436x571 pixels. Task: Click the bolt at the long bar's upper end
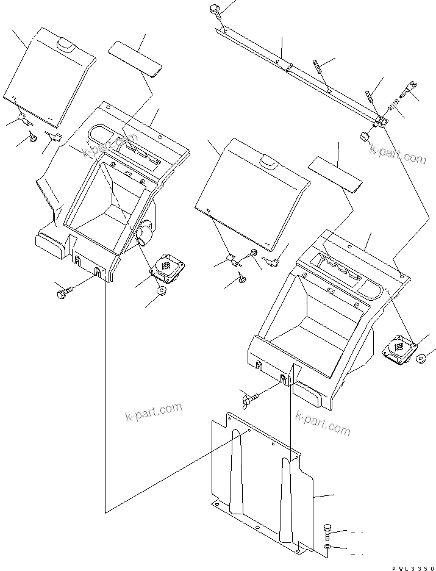(x=215, y=9)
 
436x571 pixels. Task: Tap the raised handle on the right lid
(x=268, y=162)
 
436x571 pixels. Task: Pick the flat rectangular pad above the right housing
(x=335, y=173)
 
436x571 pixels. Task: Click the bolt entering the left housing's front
(x=64, y=294)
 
